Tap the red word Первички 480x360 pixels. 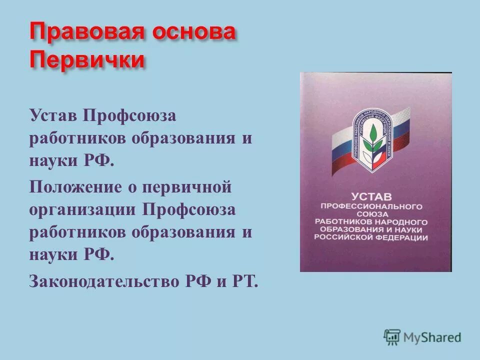coord(87,60)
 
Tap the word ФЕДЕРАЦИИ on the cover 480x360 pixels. coord(405,237)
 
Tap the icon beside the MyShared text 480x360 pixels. coord(392,336)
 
